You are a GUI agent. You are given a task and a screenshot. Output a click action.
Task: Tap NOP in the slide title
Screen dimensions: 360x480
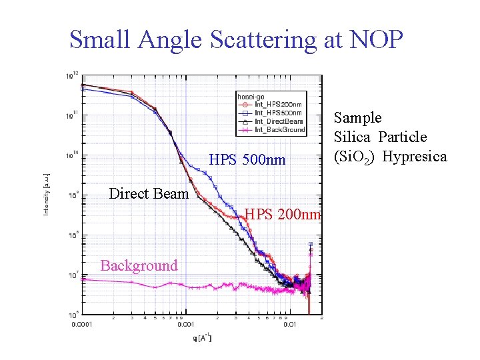pyautogui.click(x=377, y=39)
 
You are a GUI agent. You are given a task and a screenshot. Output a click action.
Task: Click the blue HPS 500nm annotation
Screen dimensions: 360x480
pyautogui.click(x=247, y=160)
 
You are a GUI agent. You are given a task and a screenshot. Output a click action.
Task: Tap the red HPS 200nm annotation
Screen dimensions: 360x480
pyautogui.click(x=283, y=215)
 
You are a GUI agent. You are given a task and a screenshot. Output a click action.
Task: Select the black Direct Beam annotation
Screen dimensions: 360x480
pyautogui.click(x=149, y=194)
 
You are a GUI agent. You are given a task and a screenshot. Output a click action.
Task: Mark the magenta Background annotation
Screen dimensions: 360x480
pyautogui.click(x=139, y=265)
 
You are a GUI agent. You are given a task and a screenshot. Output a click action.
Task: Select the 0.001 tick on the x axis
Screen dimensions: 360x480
pyautogui.click(x=185, y=325)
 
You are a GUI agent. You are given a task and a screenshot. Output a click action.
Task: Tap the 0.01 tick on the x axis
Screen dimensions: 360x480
pyautogui.click(x=289, y=325)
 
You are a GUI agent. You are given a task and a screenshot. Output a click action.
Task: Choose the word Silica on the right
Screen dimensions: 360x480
pyautogui.click(x=353, y=137)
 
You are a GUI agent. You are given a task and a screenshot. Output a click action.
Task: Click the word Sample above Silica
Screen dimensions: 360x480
pyautogui.click(x=358, y=118)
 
